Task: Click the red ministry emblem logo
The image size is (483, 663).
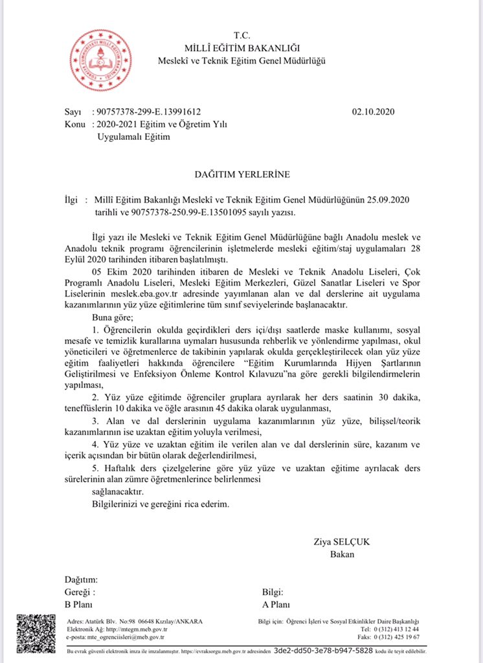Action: click(x=100, y=60)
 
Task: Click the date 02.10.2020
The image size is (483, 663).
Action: click(x=373, y=112)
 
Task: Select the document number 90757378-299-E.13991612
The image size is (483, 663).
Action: click(x=153, y=112)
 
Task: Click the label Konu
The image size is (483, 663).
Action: click(x=76, y=124)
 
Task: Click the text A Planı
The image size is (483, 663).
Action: click(x=276, y=605)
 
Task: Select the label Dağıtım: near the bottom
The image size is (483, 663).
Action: click(x=81, y=579)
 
